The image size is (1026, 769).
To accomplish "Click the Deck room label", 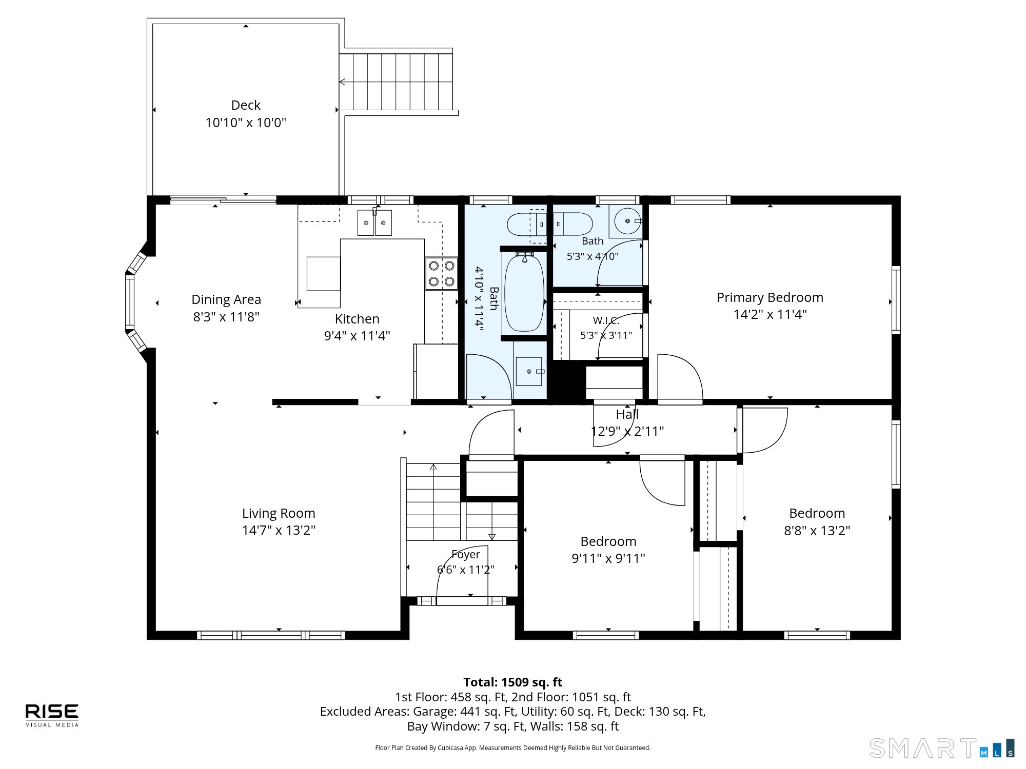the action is (x=246, y=105).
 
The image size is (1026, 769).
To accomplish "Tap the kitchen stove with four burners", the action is (x=441, y=274).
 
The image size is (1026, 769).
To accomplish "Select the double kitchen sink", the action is (x=374, y=223).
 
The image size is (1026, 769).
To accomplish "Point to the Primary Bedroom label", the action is (x=769, y=297).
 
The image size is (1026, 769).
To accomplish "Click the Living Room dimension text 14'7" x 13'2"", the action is (x=279, y=530).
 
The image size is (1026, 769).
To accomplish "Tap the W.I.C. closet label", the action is (x=606, y=320).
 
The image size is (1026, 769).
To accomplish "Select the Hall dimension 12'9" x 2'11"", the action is (x=627, y=431).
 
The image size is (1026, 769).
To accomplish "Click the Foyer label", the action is (x=466, y=554).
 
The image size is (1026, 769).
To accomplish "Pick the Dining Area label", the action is (x=226, y=299).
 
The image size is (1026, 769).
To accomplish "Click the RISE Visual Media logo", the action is (x=52, y=715).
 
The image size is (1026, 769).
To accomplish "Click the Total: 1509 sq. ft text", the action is (x=513, y=682).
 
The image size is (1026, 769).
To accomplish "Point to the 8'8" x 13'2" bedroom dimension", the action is (x=817, y=530).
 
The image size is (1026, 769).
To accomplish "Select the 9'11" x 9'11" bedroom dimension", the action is (x=608, y=558).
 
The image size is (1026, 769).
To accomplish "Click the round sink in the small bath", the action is (x=627, y=221).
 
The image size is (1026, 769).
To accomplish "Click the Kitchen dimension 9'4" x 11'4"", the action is (x=357, y=336).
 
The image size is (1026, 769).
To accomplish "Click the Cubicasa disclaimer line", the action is (x=513, y=748).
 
